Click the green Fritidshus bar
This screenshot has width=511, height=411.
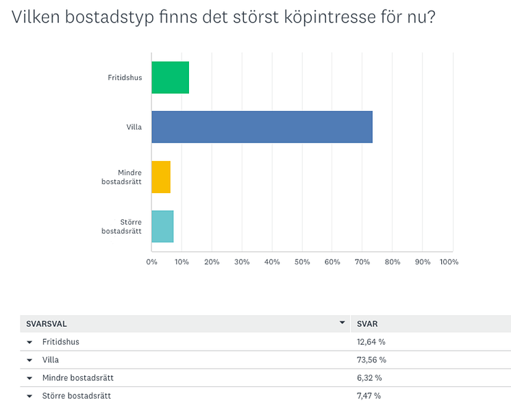click(x=170, y=77)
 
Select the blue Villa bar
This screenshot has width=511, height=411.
click(x=262, y=127)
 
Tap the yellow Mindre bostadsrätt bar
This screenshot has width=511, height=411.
click(x=161, y=177)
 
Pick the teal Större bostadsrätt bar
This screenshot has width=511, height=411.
click(x=162, y=226)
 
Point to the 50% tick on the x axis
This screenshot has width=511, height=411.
click(x=302, y=262)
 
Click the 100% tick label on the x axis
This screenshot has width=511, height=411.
click(x=449, y=262)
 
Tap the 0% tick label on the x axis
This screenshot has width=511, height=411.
click(x=152, y=262)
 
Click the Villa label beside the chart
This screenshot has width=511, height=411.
click(x=134, y=127)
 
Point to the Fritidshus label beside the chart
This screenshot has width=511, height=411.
click(x=125, y=77)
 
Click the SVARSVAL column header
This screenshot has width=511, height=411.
click(x=47, y=323)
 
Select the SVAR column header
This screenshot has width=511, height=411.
click(x=368, y=323)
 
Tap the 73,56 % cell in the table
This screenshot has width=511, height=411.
click(x=371, y=360)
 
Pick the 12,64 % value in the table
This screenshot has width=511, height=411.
click(x=371, y=342)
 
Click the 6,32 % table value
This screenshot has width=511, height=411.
click(x=369, y=377)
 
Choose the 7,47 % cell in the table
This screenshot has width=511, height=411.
click(x=369, y=396)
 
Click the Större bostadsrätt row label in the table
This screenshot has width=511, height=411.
click(x=76, y=396)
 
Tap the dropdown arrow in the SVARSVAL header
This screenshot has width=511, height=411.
click(x=342, y=323)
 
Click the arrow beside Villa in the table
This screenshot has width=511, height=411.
click(x=29, y=360)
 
